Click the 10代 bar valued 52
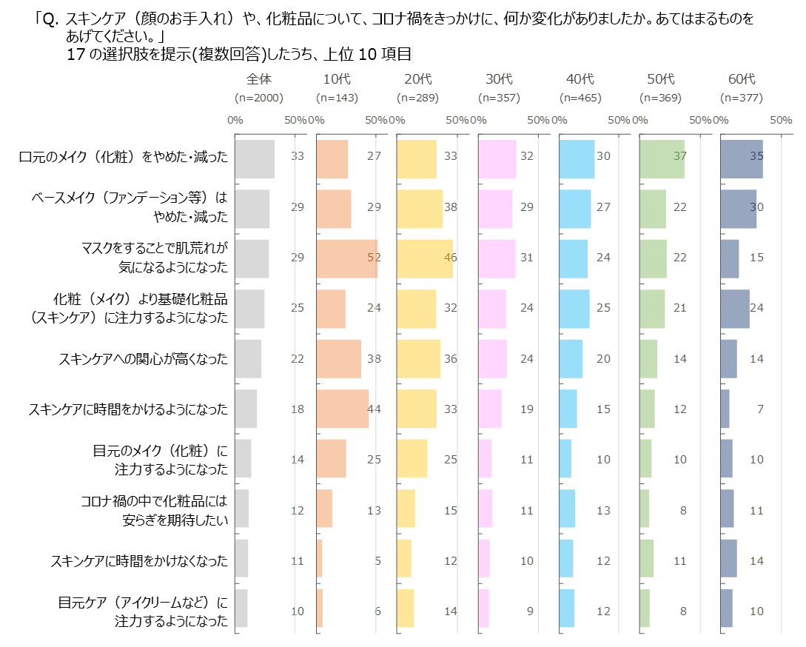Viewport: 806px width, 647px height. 346,258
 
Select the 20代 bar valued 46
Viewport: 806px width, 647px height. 425,258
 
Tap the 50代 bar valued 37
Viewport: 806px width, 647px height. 662,158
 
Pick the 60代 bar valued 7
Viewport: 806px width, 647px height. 725,409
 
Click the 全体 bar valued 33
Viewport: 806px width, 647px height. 255,158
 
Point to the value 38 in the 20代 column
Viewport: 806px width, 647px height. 451,208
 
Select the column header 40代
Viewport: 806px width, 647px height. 580,79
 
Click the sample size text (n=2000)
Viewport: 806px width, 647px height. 259,98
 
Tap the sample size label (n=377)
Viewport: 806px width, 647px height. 741,98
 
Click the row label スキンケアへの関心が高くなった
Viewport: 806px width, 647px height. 144,359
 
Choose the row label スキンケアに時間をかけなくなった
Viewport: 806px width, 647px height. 139,560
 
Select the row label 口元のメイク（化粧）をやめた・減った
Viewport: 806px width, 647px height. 124,156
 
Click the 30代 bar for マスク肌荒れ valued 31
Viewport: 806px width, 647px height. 497,258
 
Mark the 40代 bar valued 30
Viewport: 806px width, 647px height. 577,158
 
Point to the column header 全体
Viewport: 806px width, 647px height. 259,79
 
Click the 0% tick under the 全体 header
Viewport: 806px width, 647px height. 235,120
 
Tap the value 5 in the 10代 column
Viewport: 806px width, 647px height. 377,561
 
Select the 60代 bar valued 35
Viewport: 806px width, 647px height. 742,158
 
